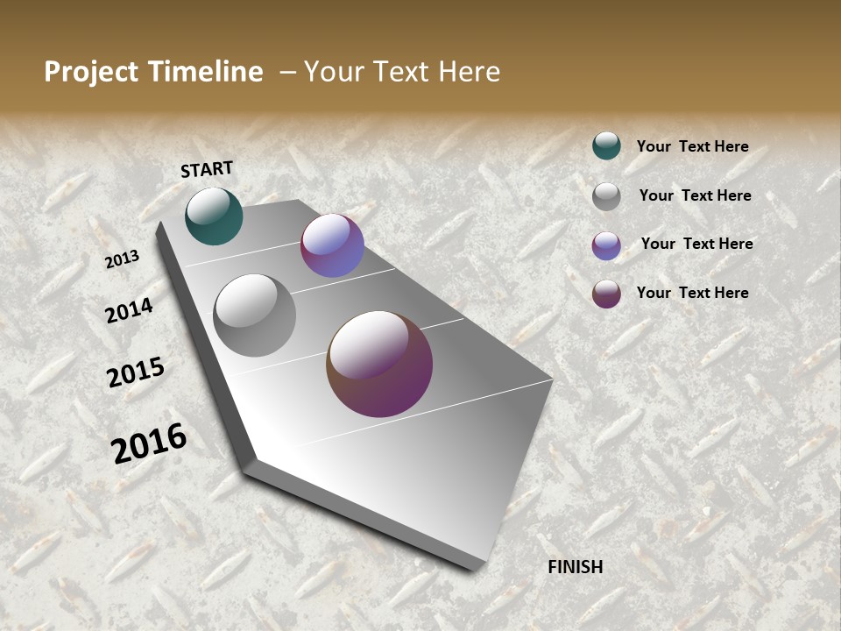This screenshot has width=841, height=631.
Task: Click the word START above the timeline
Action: click(x=207, y=169)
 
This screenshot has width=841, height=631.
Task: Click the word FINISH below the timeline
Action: click(x=576, y=567)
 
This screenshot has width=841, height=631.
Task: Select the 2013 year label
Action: click(x=122, y=259)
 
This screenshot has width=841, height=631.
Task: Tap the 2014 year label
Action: click(x=130, y=311)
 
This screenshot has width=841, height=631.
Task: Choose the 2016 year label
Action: click(x=149, y=443)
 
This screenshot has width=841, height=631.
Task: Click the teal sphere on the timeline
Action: click(x=214, y=216)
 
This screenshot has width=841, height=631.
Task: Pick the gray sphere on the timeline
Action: click(x=255, y=315)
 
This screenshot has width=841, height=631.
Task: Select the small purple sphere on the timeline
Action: click(x=332, y=245)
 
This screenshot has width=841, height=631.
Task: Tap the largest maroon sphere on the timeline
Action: click(x=379, y=364)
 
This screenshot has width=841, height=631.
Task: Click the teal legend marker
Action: click(x=606, y=146)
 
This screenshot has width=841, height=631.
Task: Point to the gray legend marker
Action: click(x=606, y=196)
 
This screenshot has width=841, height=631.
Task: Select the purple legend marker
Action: click(x=606, y=245)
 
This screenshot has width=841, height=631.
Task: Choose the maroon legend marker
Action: click(x=606, y=294)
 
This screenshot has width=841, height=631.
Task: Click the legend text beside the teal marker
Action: click(x=692, y=147)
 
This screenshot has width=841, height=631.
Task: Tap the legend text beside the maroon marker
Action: click(x=692, y=293)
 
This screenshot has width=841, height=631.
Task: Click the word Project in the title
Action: click(x=92, y=72)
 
